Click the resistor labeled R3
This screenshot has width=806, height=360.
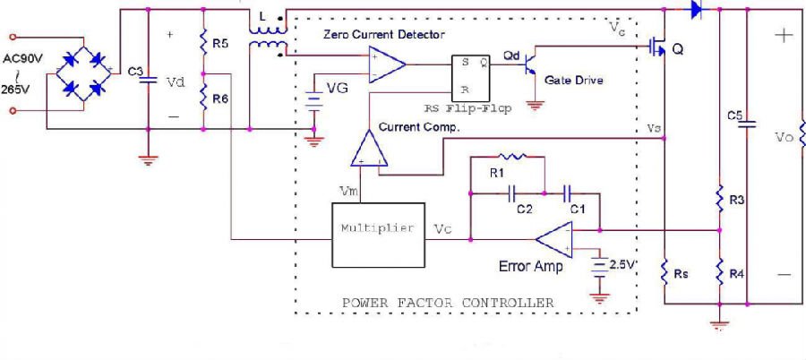tap(719, 199)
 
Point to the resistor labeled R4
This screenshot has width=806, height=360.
tap(719, 270)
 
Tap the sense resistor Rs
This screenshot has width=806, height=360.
tap(664, 270)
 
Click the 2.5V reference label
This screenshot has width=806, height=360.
tap(621, 265)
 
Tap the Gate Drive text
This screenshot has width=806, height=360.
tap(573, 80)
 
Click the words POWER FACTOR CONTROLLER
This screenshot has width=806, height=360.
tap(448, 303)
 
